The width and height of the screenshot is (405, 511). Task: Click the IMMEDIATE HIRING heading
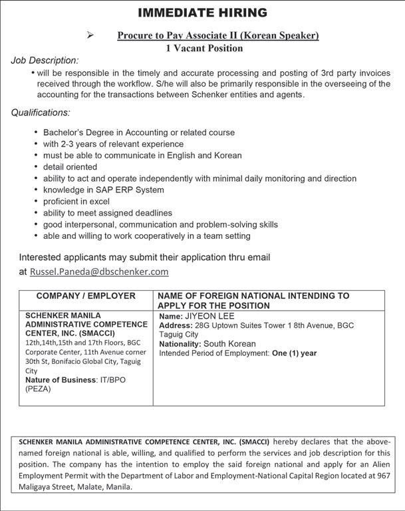pyautogui.click(x=203, y=13)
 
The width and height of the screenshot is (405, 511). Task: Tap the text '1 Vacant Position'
pyautogui.click(x=203, y=48)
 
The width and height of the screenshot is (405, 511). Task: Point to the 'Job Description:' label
pyautogui.click(x=45, y=61)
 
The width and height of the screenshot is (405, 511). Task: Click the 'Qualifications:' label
pyautogui.click(x=41, y=112)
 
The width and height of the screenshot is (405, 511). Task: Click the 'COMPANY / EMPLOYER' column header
pyautogui.click(x=86, y=295)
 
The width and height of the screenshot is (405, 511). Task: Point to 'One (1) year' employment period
pyautogui.click(x=295, y=353)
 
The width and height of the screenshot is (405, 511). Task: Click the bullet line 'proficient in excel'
pyautogui.click(x=76, y=201)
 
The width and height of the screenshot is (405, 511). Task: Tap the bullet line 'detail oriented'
pyautogui.click(x=70, y=166)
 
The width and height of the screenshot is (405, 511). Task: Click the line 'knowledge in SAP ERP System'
pyautogui.click(x=103, y=190)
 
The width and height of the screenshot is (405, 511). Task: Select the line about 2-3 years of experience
pyautogui.click(x=113, y=144)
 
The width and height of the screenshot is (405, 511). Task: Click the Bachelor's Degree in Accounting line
pyautogui.click(x=138, y=132)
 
